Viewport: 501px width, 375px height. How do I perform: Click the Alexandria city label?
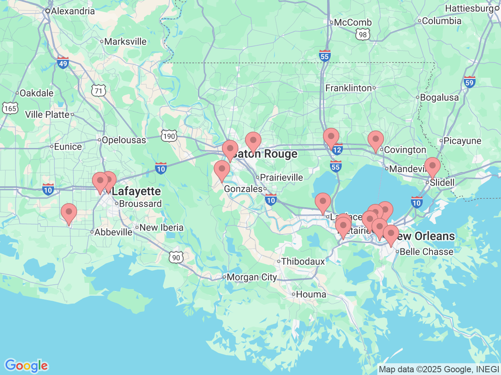click(x=73, y=11)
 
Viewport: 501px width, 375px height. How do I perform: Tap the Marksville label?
click(x=125, y=41)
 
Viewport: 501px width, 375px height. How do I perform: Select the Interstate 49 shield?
click(x=63, y=62)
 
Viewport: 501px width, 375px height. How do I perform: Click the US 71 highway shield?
click(x=98, y=91)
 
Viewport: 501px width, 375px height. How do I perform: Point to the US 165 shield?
click(x=10, y=108)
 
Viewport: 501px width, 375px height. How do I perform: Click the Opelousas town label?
click(x=124, y=140)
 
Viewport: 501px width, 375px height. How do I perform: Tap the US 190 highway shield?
click(x=169, y=136)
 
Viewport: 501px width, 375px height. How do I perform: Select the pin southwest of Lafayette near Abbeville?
click(x=69, y=213)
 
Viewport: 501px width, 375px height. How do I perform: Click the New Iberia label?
click(x=161, y=227)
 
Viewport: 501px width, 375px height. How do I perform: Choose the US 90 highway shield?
click(x=176, y=257)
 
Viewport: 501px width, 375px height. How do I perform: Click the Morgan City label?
click(x=252, y=277)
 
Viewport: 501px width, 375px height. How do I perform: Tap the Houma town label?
click(x=311, y=294)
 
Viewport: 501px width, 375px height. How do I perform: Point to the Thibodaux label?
click(x=303, y=261)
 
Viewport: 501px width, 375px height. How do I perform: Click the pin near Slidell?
click(x=433, y=167)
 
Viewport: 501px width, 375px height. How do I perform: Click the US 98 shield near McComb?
click(x=363, y=34)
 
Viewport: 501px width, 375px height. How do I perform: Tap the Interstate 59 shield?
click(x=469, y=82)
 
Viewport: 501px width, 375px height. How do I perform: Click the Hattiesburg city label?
click(x=469, y=8)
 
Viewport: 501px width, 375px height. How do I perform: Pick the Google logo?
click(x=26, y=366)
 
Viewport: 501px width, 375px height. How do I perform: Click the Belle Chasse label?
click(x=426, y=252)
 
